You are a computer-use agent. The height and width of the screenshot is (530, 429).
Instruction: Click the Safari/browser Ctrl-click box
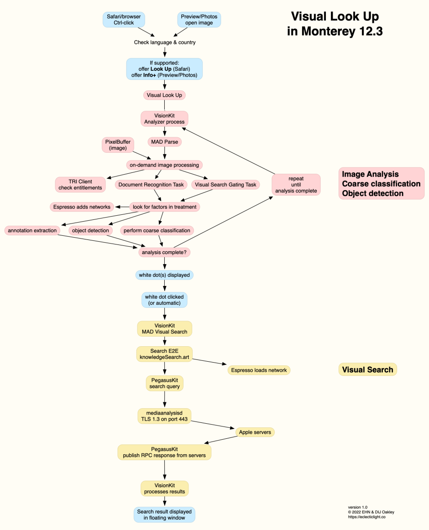point(124,20)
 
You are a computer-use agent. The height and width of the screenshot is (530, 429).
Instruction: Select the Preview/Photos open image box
point(199,20)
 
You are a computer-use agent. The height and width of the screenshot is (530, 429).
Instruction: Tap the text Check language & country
point(164,42)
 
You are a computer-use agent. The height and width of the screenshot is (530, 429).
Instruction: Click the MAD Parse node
point(164,142)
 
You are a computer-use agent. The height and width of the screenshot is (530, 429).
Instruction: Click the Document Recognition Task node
point(151,185)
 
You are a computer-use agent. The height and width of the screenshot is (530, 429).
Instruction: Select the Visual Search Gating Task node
point(225,185)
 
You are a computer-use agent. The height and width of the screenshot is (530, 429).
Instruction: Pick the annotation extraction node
point(32,230)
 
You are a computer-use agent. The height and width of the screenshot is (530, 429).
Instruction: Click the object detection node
point(91,230)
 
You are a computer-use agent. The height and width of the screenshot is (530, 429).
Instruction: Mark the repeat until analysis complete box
point(296,184)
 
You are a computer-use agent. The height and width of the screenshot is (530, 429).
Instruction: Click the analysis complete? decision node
point(164,252)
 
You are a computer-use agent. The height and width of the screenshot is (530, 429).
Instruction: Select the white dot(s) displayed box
point(164,275)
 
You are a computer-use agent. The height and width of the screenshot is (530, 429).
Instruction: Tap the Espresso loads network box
point(259,370)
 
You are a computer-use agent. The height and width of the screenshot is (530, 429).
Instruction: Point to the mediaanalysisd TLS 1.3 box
point(164,416)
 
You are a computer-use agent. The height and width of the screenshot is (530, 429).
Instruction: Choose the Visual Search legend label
point(367,369)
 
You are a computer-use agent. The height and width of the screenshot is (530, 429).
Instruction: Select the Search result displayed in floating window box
point(164,515)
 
